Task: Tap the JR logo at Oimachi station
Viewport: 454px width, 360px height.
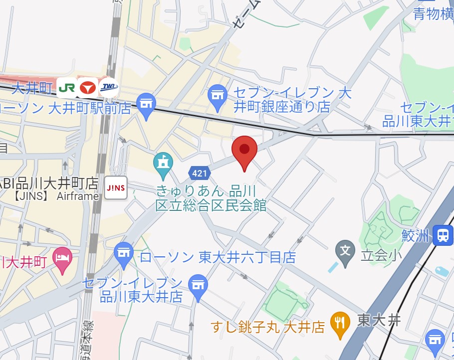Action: (66, 88)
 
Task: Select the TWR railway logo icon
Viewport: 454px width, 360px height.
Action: (109, 88)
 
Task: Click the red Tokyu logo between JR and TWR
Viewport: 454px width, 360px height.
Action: (88, 88)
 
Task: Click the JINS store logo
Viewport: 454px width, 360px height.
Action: (116, 188)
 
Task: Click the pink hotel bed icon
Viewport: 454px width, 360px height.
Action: (62, 259)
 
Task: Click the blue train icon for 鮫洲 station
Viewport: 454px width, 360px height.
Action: (442, 235)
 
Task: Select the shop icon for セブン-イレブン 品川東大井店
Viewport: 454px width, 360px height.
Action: (199, 287)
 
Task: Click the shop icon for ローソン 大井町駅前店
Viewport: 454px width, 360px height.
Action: (146, 105)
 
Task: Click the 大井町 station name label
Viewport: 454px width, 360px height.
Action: (32, 88)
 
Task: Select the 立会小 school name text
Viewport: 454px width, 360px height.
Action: (374, 256)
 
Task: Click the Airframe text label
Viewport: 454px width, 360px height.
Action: (78, 196)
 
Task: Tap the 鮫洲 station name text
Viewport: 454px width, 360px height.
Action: (415, 235)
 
